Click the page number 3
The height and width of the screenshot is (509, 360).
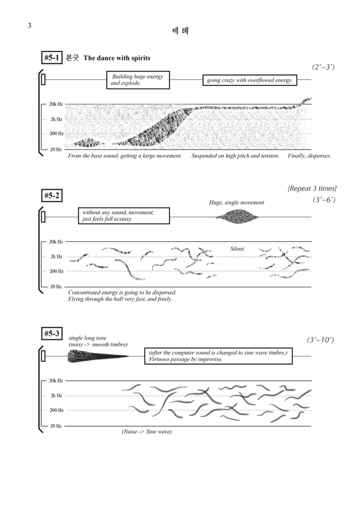click(x=29, y=26)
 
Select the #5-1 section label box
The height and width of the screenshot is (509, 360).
click(x=52, y=58)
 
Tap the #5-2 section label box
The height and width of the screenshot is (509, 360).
click(x=52, y=196)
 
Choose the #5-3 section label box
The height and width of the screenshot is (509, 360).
click(x=52, y=334)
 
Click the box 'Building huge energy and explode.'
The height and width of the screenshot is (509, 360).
click(x=138, y=80)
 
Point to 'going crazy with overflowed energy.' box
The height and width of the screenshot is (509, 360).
click(x=249, y=80)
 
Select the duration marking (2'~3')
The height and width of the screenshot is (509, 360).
click(x=323, y=67)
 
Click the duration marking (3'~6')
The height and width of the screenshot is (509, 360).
click(x=323, y=200)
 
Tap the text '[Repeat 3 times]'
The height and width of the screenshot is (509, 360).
click(x=312, y=188)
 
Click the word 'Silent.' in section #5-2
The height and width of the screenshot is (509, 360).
click(x=237, y=249)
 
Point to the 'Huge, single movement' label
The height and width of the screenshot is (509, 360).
click(x=237, y=202)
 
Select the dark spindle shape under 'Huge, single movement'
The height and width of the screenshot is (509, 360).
click(x=237, y=217)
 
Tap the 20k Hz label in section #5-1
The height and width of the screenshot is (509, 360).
click(x=55, y=104)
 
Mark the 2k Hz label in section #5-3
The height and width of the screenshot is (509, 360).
click(x=56, y=396)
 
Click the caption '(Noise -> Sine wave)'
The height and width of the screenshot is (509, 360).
click(x=147, y=432)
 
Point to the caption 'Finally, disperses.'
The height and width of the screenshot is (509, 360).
click(x=309, y=156)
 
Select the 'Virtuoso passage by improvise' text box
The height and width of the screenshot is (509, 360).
click(x=218, y=356)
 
